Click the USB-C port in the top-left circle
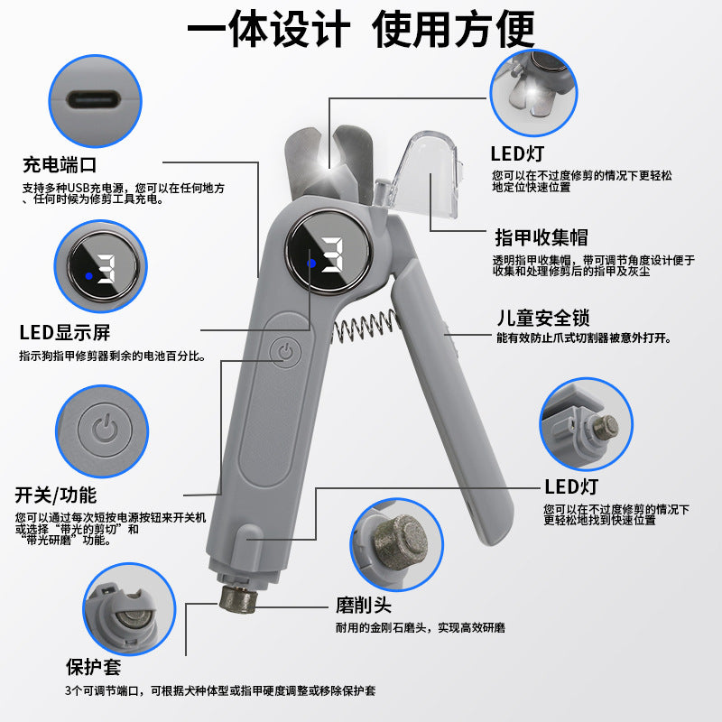94,99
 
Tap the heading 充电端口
60,165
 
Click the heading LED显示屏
64,332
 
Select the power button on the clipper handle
285,353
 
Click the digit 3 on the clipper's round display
333,255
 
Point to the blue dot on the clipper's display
311,264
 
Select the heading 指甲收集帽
541,237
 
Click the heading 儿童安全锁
543,318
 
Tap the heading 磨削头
364,605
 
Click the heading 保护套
94,667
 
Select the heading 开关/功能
55,495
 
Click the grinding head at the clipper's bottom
237,599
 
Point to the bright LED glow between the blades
329,163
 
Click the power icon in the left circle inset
105,430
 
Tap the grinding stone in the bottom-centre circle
401,543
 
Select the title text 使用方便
453,29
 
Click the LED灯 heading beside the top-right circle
517,153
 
